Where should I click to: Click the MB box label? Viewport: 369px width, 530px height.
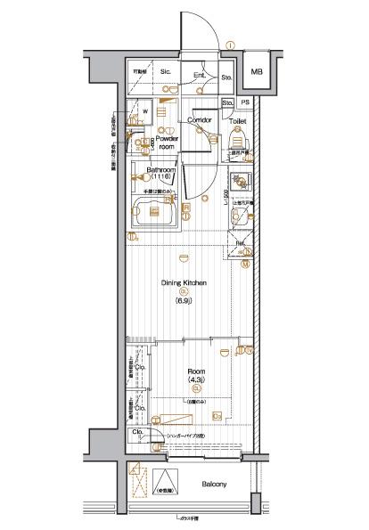click(x=257, y=71)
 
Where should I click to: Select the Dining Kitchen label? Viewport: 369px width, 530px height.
click(x=184, y=282)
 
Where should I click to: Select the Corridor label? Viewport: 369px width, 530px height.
click(x=199, y=118)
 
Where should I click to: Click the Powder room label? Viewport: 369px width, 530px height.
click(x=168, y=143)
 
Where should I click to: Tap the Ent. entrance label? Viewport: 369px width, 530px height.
click(x=200, y=76)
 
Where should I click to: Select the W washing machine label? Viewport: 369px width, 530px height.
click(x=145, y=112)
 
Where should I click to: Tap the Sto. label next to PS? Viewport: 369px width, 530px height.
click(x=228, y=103)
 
